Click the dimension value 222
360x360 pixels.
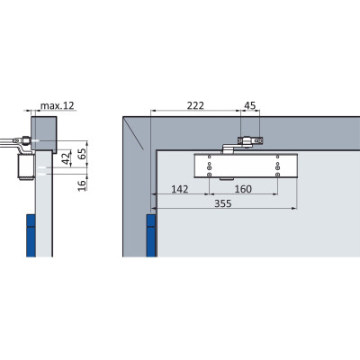[195, 105]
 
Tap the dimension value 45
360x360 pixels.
[250, 105]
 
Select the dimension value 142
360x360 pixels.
[180, 189]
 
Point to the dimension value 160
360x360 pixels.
[243, 189]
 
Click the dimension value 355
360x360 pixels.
[223, 203]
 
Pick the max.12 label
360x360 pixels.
[57, 105]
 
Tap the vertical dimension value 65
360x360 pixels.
[82, 153]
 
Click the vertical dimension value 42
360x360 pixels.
[67, 157]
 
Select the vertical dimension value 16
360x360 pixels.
[82, 184]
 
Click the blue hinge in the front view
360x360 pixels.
[151, 236]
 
